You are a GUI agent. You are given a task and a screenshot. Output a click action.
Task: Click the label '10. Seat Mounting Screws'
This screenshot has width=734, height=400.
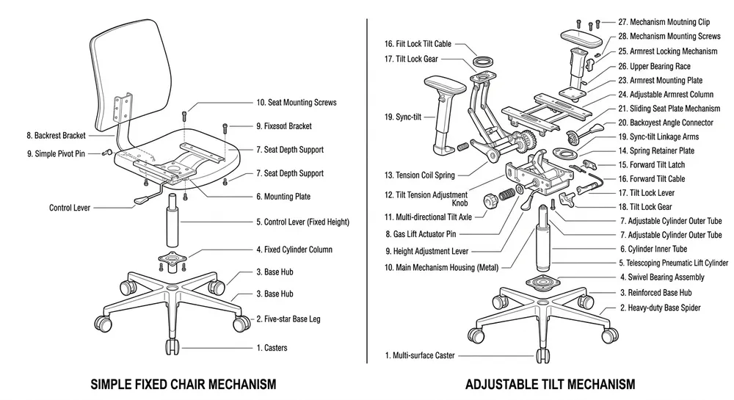(296, 103)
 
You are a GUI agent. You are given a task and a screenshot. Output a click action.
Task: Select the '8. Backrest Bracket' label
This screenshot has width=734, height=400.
(56, 136)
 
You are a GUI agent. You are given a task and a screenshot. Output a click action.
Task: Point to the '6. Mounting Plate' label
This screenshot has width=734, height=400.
(283, 197)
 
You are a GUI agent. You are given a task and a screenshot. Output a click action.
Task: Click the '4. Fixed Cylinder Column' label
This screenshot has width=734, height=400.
(294, 250)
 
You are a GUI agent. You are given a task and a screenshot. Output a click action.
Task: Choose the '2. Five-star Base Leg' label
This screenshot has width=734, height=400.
(288, 319)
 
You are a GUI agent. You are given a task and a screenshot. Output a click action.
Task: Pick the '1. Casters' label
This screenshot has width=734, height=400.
(272, 348)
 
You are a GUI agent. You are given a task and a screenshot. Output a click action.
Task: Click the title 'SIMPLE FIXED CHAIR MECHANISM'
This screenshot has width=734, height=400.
(183, 384)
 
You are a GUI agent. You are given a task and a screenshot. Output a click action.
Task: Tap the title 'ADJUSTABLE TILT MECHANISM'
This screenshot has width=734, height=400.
(550, 384)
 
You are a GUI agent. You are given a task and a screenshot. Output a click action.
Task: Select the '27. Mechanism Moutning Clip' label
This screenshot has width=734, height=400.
(664, 23)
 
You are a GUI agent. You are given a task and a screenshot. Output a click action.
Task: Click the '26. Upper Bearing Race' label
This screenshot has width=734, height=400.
(659, 66)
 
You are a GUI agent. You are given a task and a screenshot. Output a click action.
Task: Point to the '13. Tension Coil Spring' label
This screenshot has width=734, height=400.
(419, 175)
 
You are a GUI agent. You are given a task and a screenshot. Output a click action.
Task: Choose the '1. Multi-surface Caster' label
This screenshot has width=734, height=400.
(420, 356)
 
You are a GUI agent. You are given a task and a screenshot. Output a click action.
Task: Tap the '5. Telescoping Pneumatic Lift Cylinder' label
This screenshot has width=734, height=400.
(673, 263)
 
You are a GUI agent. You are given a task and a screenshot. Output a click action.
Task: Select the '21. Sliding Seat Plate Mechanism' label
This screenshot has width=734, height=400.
(669, 109)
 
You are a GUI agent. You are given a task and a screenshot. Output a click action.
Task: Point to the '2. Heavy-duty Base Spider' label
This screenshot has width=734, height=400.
(660, 308)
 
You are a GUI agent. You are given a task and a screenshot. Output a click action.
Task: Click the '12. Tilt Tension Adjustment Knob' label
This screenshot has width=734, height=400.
(426, 198)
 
